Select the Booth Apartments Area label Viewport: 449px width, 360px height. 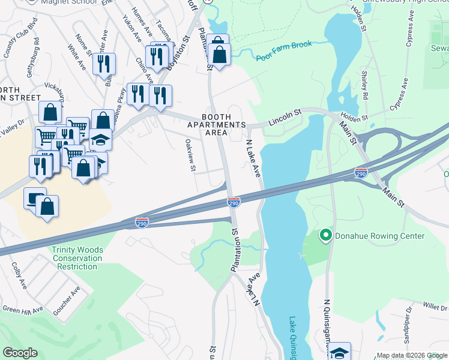[x=224, y=124]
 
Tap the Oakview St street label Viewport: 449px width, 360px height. [x=190, y=155]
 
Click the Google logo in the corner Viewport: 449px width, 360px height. [x=20, y=353]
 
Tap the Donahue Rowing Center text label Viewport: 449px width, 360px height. [x=379, y=236]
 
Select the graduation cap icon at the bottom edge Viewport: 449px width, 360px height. [x=340, y=352]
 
